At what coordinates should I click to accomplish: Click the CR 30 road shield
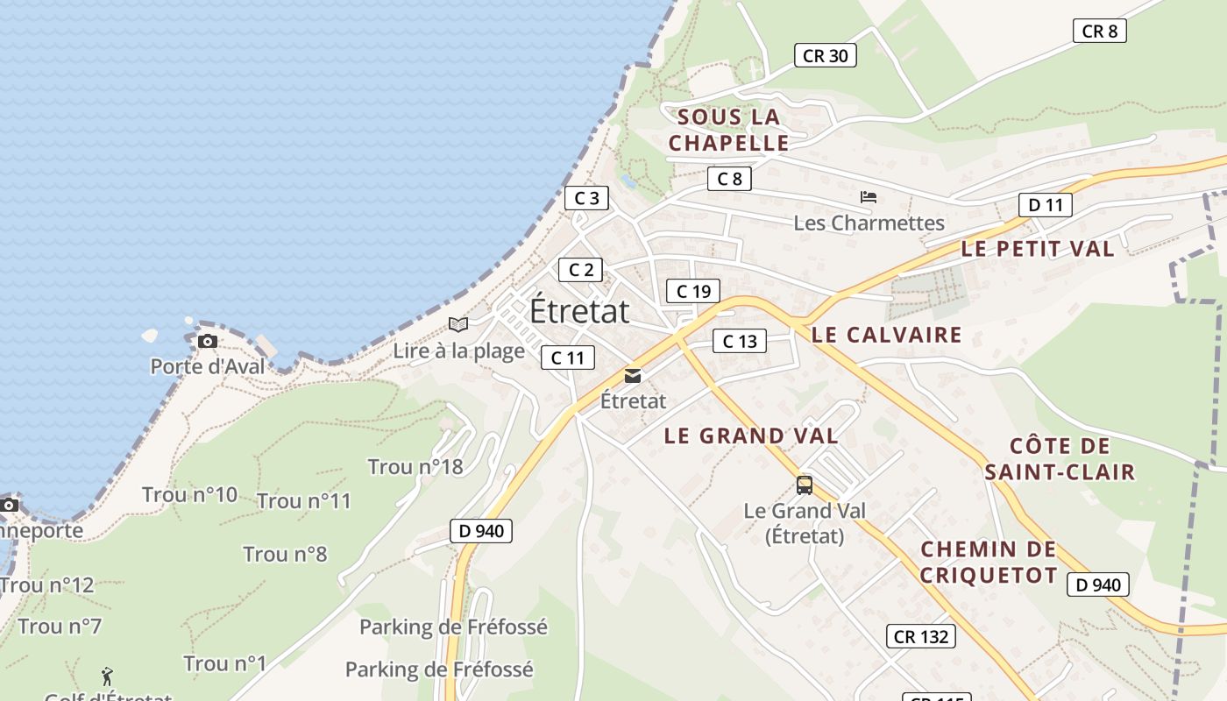[825, 55]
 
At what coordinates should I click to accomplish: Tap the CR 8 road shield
[1099, 31]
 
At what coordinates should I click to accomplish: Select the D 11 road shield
[1045, 205]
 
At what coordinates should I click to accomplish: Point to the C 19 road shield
[692, 291]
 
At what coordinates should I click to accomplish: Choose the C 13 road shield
[739, 341]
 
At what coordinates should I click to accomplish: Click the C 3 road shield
[585, 198]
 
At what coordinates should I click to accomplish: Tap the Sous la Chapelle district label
[728, 130]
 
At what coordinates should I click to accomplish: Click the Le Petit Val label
[1038, 249]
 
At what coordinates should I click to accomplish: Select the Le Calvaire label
[886, 335]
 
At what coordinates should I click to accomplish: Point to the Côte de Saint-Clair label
[1060, 459]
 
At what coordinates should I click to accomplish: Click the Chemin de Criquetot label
[989, 562]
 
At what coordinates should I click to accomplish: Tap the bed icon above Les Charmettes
[869, 197]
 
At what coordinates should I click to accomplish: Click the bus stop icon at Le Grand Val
[805, 485]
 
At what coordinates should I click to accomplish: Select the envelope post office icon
[632, 376]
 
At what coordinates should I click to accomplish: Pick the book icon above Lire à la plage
[458, 324]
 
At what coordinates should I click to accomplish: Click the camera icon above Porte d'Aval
[208, 341]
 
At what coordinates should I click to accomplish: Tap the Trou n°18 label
[415, 466]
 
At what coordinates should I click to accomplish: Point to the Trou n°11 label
[304, 501]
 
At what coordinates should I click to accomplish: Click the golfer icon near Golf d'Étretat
[107, 676]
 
